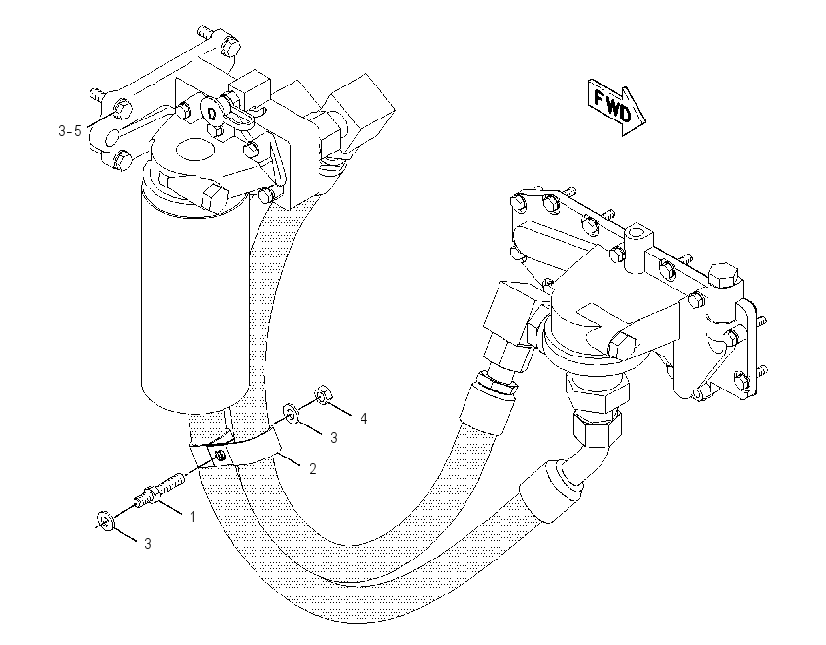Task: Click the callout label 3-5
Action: [70, 130]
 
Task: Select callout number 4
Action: [363, 419]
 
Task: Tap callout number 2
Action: [313, 468]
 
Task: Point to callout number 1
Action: [192, 517]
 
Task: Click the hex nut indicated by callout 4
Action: [323, 395]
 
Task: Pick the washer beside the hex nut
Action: [291, 412]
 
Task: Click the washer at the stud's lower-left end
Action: [105, 521]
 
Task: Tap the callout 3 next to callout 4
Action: [334, 438]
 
